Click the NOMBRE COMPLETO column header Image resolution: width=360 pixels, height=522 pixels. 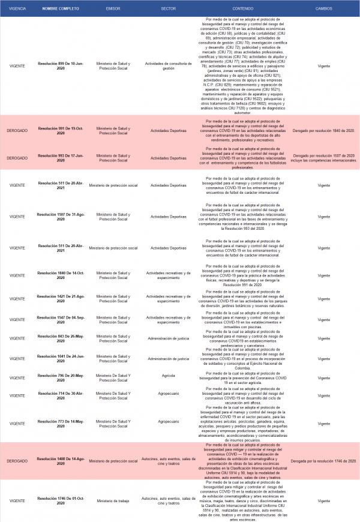point(61,9)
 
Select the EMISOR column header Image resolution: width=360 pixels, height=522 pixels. point(113,9)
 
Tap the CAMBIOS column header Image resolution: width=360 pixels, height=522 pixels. point(324,9)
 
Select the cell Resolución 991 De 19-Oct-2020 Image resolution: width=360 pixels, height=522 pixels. point(61,130)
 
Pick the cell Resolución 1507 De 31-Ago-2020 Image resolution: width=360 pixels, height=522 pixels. point(61,216)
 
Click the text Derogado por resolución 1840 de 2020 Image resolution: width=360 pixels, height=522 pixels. point(324,130)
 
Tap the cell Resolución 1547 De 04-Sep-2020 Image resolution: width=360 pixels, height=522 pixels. point(61,319)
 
